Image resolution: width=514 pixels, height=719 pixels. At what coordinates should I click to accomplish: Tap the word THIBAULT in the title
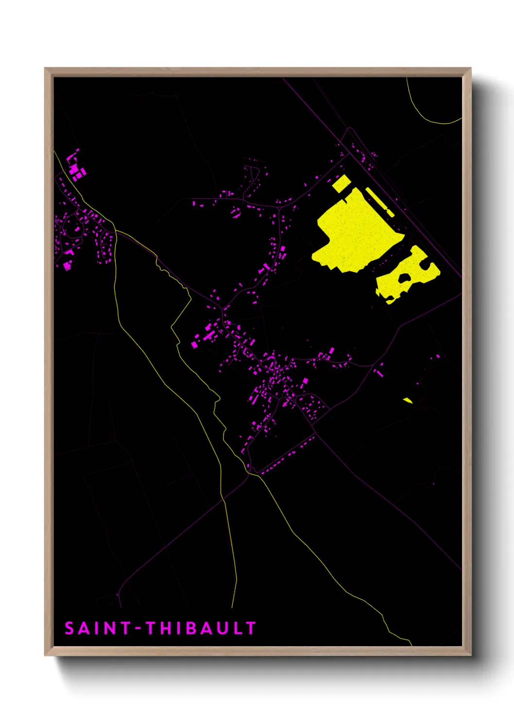point(201,628)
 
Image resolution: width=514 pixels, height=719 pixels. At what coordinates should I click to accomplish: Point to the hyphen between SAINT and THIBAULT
point(138,629)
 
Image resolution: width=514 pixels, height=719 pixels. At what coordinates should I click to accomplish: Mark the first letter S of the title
point(70,628)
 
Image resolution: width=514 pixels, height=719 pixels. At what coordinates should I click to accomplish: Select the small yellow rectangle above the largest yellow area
point(341,183)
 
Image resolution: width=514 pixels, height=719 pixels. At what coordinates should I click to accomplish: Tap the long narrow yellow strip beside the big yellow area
point(379,201)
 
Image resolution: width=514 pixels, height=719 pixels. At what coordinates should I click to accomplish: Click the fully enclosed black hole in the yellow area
point(404,279)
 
